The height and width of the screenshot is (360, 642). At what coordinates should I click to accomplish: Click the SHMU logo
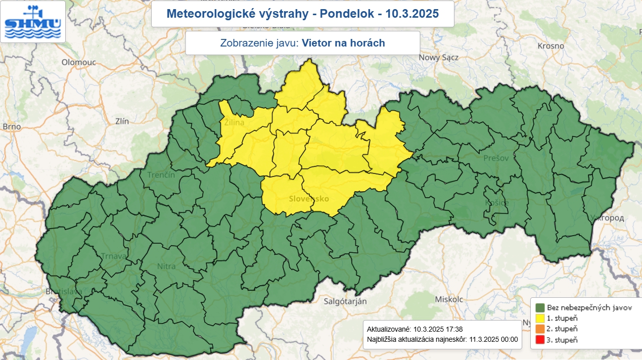click(33, 21)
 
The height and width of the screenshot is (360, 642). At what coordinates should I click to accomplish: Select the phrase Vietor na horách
click(343, 43)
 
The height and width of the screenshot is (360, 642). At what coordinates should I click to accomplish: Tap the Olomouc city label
click(75, 62)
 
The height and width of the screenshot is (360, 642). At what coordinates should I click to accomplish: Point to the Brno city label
click(11, 126)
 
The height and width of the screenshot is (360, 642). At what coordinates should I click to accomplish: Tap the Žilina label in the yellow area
click(234, 123)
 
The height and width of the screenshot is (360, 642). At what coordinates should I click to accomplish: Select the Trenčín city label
click(161, 175)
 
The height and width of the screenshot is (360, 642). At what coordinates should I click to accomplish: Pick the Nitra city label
click(166, 266)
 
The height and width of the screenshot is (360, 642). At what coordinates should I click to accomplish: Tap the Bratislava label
click(63, 292)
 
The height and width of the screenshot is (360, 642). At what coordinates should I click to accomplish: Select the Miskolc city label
click(449, 299)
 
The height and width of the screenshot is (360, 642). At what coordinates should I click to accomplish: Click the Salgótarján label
click(345, 301)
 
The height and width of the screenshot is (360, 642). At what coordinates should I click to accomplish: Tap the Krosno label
click(551, 46)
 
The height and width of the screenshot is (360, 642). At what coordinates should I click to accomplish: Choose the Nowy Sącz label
click(438, 57)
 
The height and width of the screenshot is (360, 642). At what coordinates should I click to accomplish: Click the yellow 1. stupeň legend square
click(540, 318)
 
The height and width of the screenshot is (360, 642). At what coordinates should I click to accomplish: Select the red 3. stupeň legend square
click(540, 340)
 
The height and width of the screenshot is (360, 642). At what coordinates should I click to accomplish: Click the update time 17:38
click(453, 329)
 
